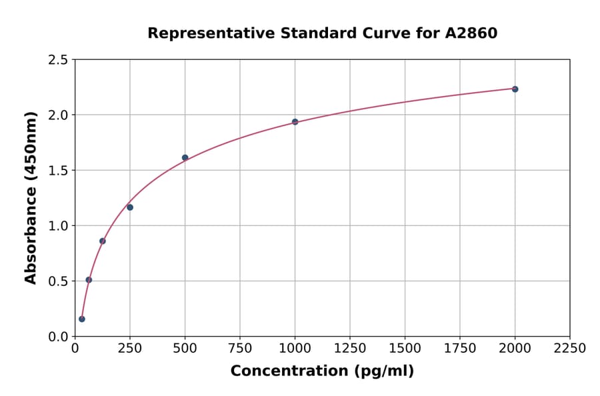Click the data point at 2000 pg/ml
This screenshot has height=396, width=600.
point(515,89)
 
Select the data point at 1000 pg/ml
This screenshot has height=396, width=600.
point(295,122)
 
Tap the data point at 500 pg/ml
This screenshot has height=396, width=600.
point(185,158)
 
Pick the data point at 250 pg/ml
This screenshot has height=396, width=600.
point(130,207)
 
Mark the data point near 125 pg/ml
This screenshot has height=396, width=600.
point(102,241)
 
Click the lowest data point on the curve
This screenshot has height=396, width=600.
point(82,319)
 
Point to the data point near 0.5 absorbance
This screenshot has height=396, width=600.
point(89,280)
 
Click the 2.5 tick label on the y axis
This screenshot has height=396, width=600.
point(58,60)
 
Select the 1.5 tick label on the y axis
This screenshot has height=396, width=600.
point(58,171)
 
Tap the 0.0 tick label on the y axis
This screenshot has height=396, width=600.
point(58,337)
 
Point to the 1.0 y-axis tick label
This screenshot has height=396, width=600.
point(58,226)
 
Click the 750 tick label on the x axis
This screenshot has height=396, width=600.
point(240,349)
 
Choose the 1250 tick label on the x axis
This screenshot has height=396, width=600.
point(350,349)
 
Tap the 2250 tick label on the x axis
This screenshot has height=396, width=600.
point(570,349)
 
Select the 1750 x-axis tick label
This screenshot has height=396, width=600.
point(460,349)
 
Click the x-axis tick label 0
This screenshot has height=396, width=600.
point(75,349)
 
